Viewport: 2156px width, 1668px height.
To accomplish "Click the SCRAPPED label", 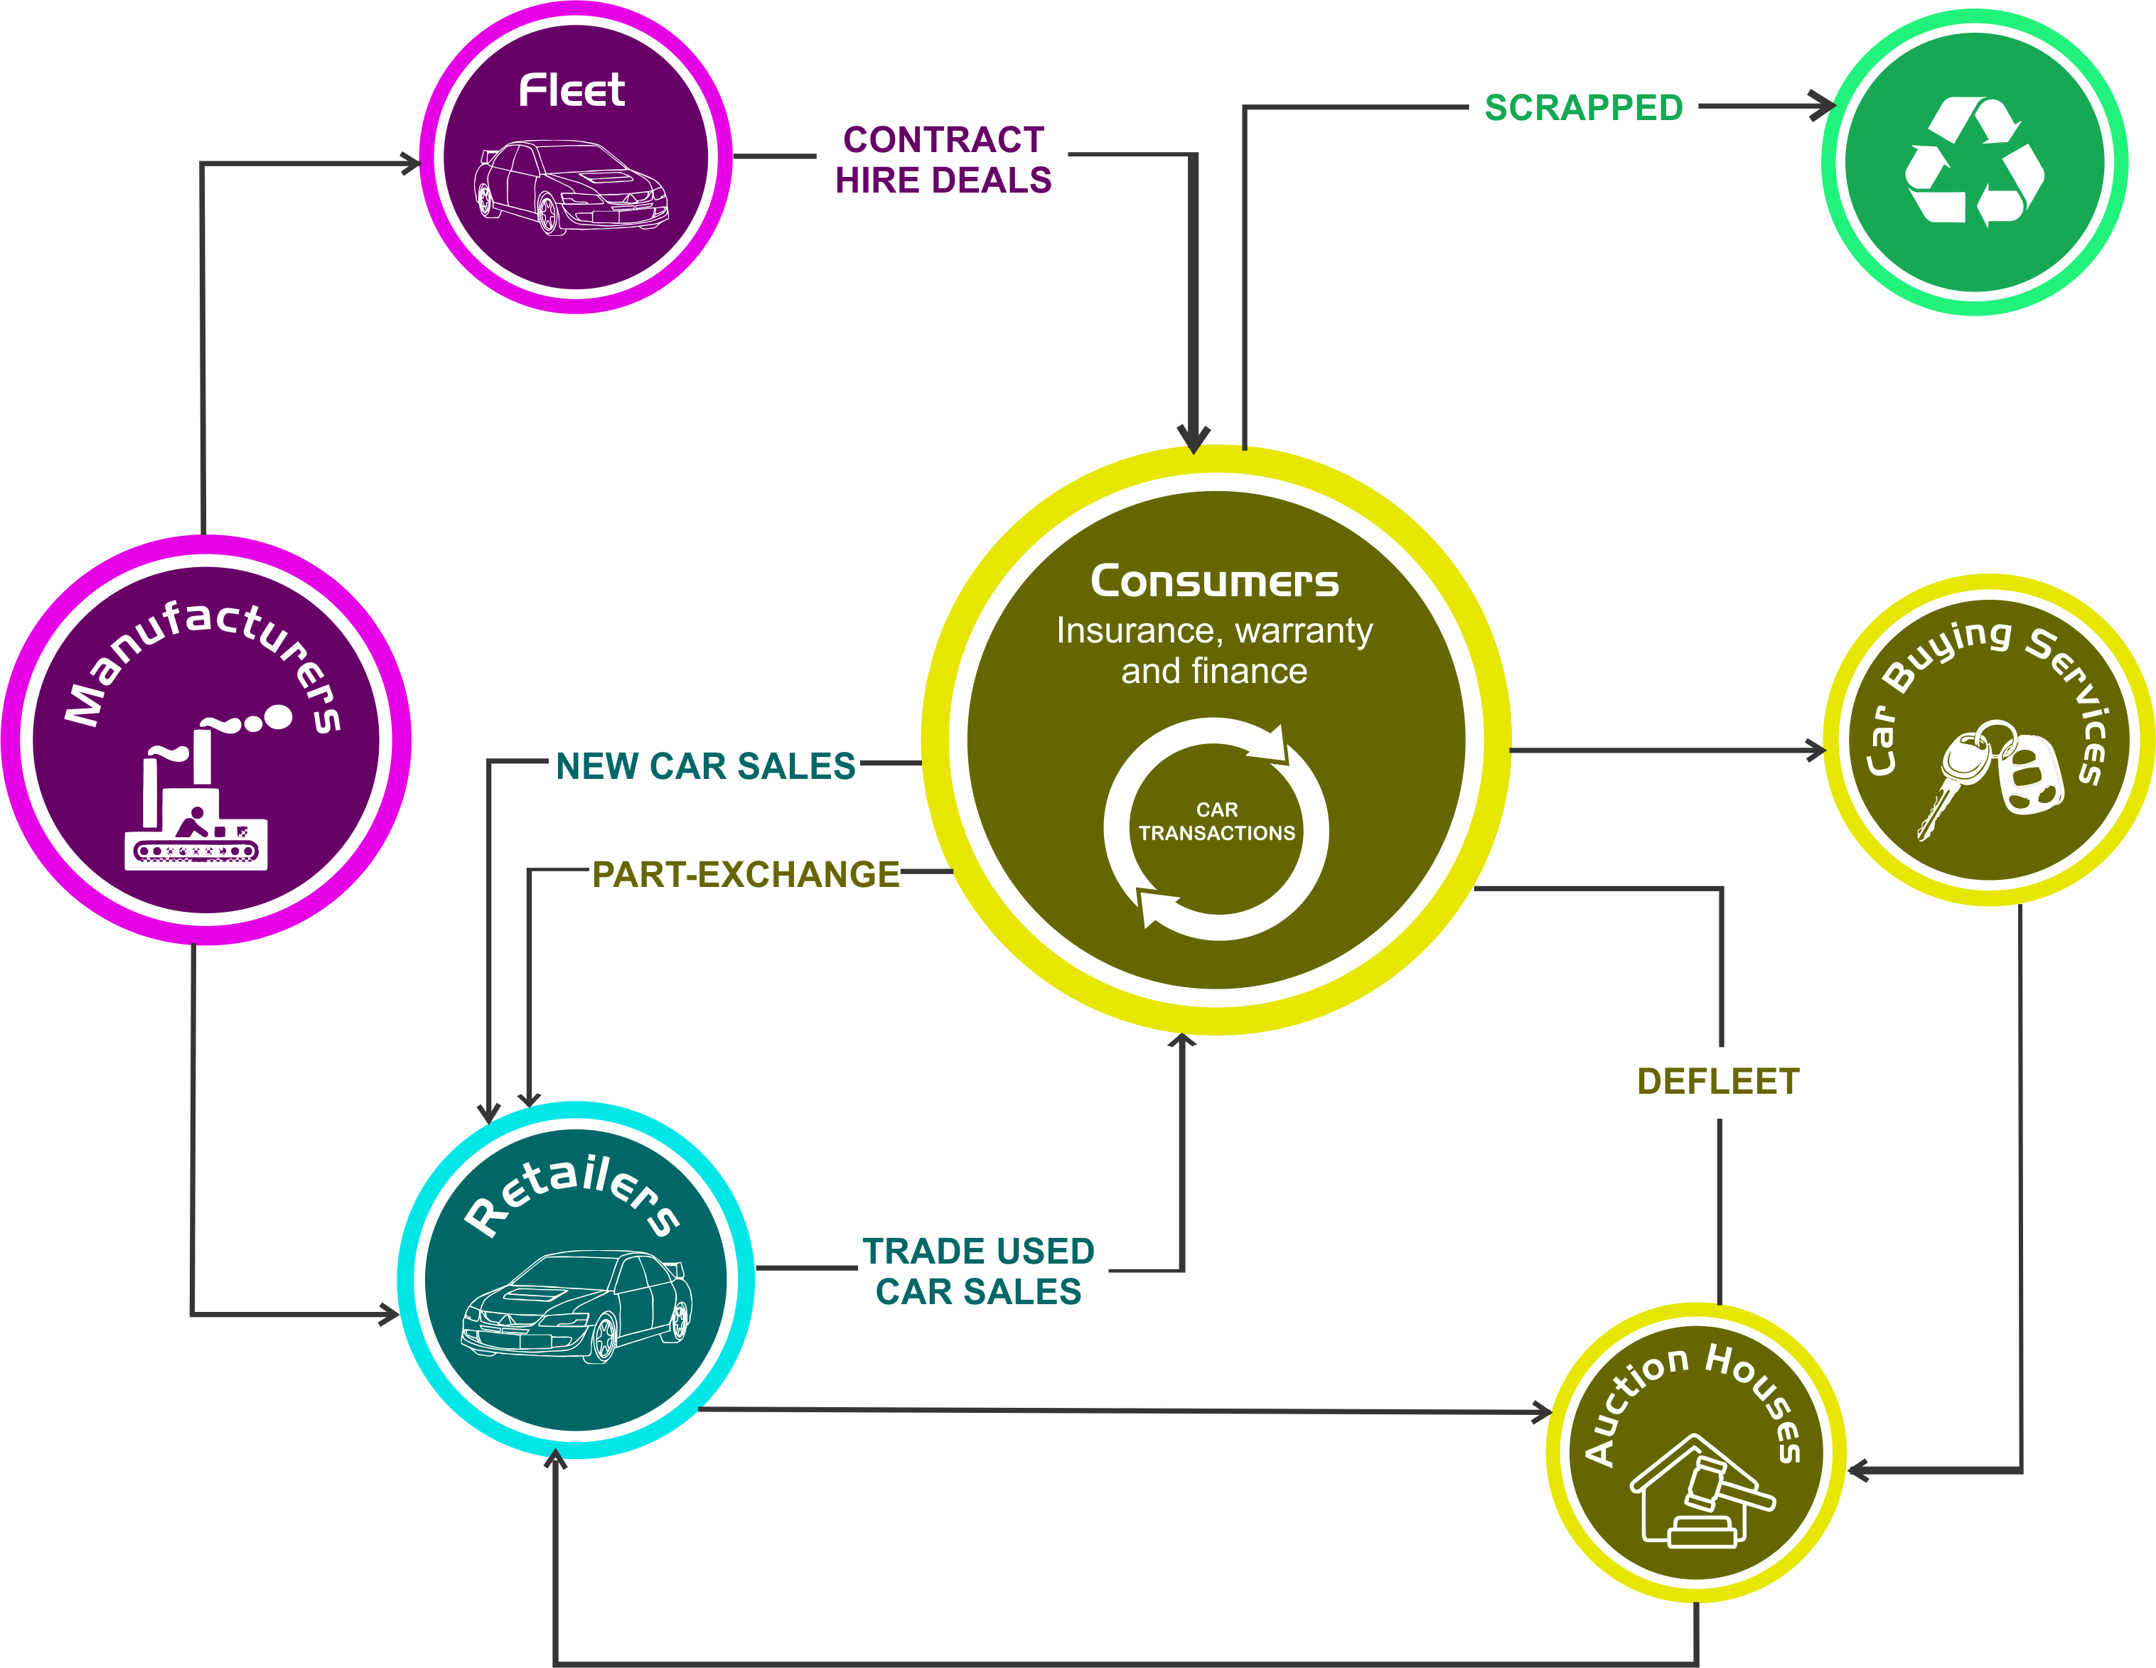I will click(x=1584, y=107).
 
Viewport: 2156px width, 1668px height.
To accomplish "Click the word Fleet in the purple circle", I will click(x=572, y=91).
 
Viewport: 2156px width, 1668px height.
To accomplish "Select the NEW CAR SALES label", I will click(x=705, y=766).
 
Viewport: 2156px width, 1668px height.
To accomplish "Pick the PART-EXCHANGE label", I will click(x=745, y=874).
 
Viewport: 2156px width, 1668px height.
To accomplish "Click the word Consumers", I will click(x=1214, y=581).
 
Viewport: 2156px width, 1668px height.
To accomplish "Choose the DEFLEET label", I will click(x=1717, y=1082).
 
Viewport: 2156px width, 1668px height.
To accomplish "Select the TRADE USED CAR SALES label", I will click(x=978, y=1271).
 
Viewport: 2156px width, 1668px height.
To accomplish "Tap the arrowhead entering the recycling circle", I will click(x=1823, y=106).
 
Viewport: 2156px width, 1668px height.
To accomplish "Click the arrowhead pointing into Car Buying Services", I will click(x=1816, y=750).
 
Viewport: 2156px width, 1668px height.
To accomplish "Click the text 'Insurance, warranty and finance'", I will click(x=1214, y=650).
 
